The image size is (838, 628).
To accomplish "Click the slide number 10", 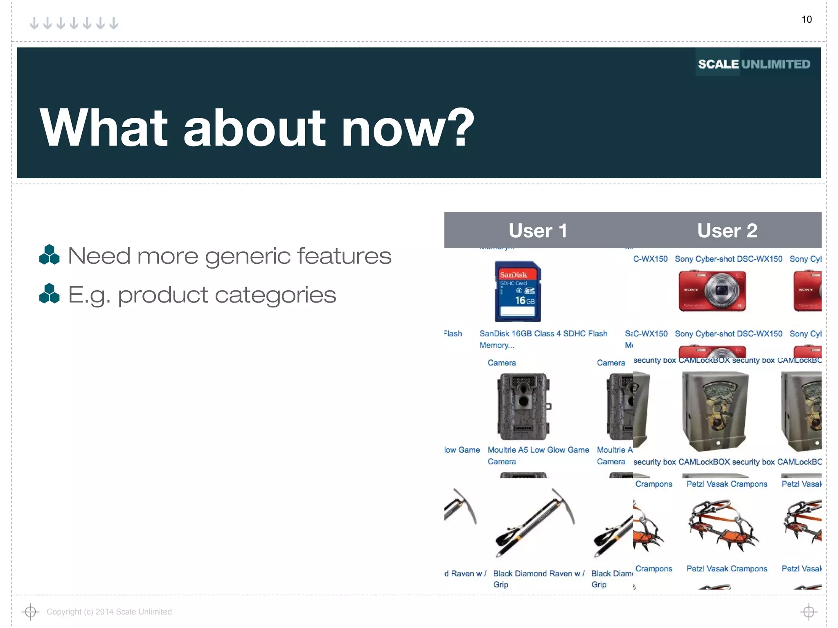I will point(806,19).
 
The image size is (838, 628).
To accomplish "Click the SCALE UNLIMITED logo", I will point(754,64).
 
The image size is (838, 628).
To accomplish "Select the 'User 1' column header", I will point(538,231).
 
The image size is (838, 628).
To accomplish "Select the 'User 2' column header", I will point(727,231).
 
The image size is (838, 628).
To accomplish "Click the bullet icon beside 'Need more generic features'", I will point(49,255).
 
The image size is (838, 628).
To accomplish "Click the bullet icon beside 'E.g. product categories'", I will point(49,294).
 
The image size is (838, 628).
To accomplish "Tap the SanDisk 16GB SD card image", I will point(518,292).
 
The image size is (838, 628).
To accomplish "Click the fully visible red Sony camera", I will point(712,291).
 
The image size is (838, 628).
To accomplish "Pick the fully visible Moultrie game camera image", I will point(523,406).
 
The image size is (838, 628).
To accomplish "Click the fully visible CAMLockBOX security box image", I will point(715,410).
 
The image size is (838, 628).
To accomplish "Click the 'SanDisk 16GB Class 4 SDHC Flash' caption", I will point(543,334).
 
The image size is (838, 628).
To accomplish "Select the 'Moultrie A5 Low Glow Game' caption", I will point(538,450).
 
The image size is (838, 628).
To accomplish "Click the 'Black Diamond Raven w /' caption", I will point(538,573).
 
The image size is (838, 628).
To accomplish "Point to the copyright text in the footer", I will point(110,612).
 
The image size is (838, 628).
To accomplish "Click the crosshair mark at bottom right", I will point(809,612).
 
